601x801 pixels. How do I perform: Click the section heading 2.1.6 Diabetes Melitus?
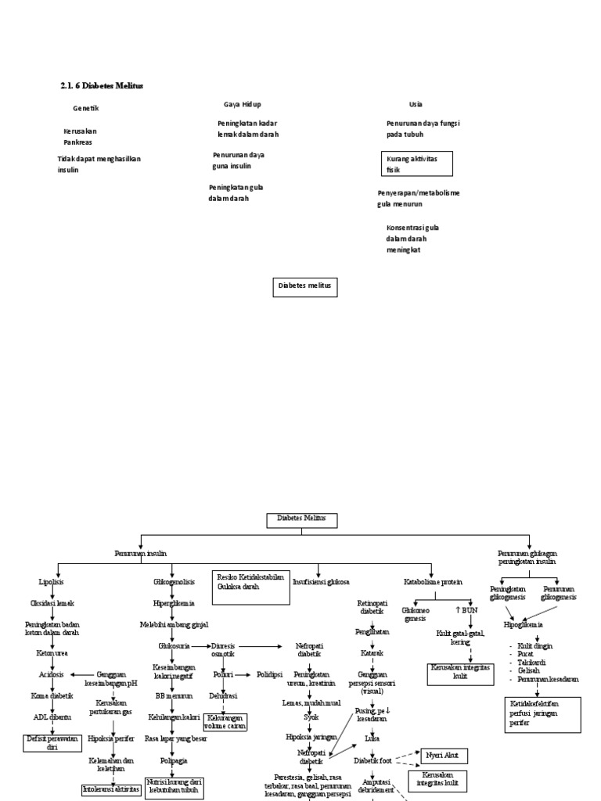pos(102,84)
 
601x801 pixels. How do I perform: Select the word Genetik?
pos(85,108)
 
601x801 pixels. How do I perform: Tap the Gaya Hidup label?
pos(242,104)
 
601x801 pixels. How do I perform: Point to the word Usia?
pos(415,104)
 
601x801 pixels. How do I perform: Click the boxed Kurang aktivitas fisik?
pos(419,163)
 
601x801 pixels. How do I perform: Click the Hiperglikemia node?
pos(174,604)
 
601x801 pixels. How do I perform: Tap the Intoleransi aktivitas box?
pos(111,789)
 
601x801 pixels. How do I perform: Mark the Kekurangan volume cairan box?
pos(225,721)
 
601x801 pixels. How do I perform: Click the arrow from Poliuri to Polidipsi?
pos(245,673)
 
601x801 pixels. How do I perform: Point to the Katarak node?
pos(372,652)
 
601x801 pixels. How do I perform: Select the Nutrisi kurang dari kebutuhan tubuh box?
pos(174,787)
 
